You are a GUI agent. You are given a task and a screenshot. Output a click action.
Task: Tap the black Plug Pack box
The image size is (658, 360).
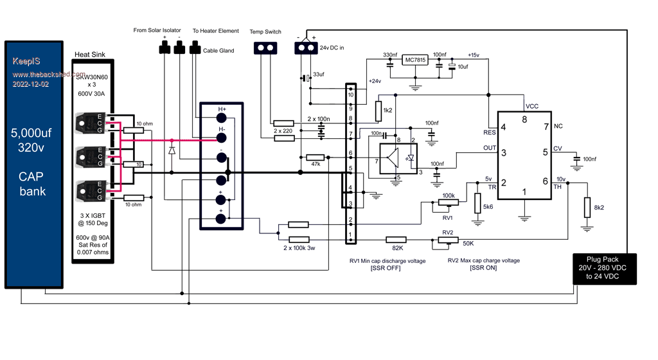[x=604, y=269]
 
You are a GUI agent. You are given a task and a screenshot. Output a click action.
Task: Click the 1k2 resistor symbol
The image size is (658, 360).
[x=378, y=111]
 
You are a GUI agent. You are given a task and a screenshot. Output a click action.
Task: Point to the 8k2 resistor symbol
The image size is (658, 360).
[x=587, y=208]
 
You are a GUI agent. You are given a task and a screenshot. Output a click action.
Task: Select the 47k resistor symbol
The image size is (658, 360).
[x=315, y=157]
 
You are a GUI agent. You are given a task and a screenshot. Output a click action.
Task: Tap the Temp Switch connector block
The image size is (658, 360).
[x=265, y=48]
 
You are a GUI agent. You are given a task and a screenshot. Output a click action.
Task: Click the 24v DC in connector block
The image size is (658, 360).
[x=306, y=48]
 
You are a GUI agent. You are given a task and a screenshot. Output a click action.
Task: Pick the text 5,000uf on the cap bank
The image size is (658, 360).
[x=33, y=134]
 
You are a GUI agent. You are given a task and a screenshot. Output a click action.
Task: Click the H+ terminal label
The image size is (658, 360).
[x=222, y=109]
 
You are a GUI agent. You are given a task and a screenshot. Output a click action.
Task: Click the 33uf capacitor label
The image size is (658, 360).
[x=319, y=73]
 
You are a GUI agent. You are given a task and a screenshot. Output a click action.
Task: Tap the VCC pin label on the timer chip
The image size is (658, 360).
[x=532, y=106]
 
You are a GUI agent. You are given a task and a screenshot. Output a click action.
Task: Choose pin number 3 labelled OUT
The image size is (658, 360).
[x=504, y=152]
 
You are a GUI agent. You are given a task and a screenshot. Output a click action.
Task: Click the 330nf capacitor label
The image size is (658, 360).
[x=389, y=55]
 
